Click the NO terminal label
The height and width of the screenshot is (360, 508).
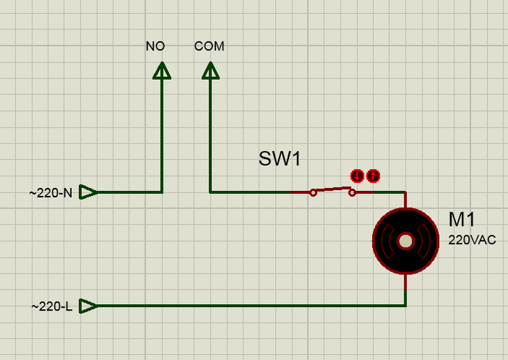pos(155,46)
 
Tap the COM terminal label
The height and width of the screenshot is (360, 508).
pos(210,46)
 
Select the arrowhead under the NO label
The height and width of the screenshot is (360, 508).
pos(162,70)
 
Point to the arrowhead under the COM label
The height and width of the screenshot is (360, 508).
pos(210,70)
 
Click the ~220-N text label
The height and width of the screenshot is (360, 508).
pos(51,193)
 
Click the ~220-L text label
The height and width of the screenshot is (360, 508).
pos(52,306)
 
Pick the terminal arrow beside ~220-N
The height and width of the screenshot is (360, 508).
pos(88,192)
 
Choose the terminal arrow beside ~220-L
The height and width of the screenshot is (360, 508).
pos(88,306)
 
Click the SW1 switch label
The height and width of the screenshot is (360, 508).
pos(279,160)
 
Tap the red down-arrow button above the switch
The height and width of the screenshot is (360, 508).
pos(357,176)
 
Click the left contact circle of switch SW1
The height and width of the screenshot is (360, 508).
pos(313,192)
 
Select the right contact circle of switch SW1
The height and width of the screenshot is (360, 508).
pos(353,192)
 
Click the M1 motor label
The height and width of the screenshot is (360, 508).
pos(462,220)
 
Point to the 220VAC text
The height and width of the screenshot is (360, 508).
pos(472,240)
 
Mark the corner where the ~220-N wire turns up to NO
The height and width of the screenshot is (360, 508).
pos(162,192)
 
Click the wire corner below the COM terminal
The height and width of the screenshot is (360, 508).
pos(210,192)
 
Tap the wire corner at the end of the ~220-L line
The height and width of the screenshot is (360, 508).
pos(405,306)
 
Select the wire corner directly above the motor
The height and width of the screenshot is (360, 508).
pos(405,192)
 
